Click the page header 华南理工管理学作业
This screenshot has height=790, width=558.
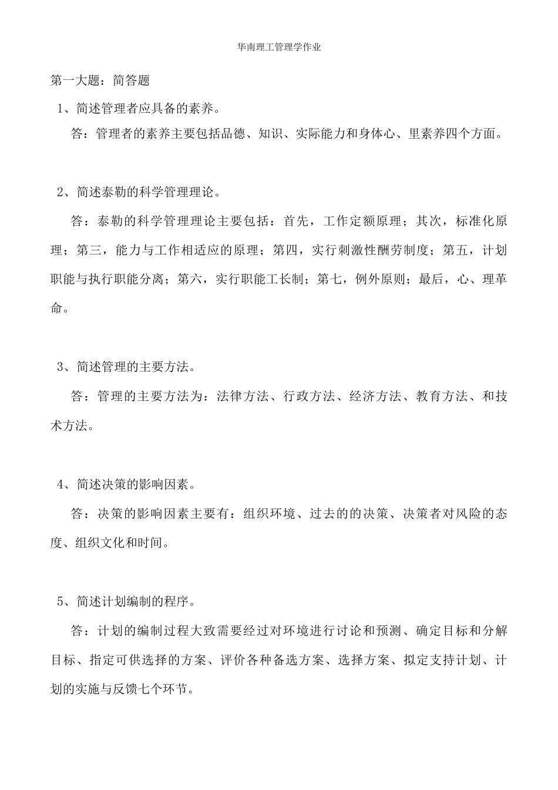pos(279,48)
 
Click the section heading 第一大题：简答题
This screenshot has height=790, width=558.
pos(100,80)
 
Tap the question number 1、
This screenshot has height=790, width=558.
pos(65,109)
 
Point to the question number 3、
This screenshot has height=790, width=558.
pos(65,367)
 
